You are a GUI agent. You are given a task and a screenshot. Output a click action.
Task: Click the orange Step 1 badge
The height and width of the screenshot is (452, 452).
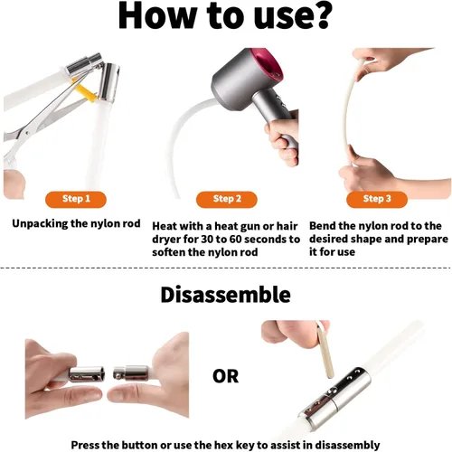coord(76,199)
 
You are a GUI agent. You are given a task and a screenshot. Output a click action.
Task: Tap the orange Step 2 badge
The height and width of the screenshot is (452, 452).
coord(227,199)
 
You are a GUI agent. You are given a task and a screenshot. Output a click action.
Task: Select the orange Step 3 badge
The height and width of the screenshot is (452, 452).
coord(377,199)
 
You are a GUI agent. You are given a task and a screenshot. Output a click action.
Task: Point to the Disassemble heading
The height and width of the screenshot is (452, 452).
coord(226,295)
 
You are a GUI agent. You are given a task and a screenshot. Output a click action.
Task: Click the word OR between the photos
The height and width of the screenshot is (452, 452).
coord(225,376)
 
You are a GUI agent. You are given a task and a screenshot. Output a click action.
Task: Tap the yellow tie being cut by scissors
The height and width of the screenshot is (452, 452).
coord(85,90)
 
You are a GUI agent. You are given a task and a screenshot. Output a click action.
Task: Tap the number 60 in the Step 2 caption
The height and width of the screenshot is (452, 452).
coord(236,240)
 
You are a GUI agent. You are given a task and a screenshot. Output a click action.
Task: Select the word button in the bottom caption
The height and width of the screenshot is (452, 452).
coord(140,445)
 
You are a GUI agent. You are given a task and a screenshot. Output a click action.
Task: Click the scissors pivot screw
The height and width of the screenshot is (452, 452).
coord(28,133)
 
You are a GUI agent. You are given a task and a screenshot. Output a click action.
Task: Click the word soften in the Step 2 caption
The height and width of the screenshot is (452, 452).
coord(168,252)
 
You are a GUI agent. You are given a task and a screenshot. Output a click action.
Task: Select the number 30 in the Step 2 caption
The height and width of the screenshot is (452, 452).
coord(207,240)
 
